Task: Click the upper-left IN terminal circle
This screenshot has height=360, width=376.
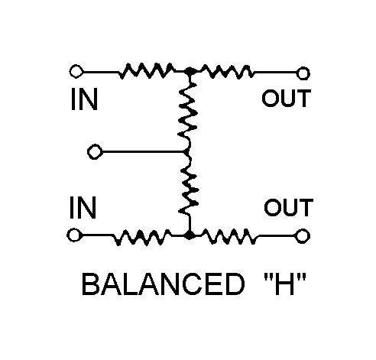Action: pyautogui.click(x=76, y=71)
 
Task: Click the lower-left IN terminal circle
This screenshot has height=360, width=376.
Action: pyautogui.click(x=74, y=235)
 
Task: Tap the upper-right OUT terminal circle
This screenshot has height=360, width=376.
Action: pyautogui.click(x=303, y=73)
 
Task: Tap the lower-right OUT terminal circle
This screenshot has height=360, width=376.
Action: pyautogui.click(x=303, y=235)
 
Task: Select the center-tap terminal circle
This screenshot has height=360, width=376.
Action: pyautogui.click(x=95, y=152)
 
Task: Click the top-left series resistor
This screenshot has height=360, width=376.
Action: pyautogui.click(x=147, y=70)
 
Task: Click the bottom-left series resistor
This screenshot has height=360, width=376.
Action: pyautogui.click(x=142, y=237)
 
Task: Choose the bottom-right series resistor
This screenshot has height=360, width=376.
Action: pyautogui.click(x=229, y=236)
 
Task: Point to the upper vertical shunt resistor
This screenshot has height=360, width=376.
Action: pyautogui.click(x=188, y=112)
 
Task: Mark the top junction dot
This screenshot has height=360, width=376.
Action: pyautogui.click(x=190, y=72)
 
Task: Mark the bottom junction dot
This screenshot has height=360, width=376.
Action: pyautogui.click(x=190, y=235)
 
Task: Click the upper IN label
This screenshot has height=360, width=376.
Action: pyautogui.click(x=84, y=99)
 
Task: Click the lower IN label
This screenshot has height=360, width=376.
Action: pyautogui.click(x=83, y=207)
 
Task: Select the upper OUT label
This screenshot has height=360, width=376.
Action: pyautogui.click(x=287, y=98)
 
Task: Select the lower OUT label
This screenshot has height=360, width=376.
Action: pyautogui.click(x=289, y=207)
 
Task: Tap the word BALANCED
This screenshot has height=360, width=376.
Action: pyautogui.click(x=164, y=284)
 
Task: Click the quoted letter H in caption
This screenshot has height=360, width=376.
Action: pyautogui.click(x=284, y=284)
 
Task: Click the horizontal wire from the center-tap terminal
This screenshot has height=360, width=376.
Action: pyautogui.click(x=143, y=152)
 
